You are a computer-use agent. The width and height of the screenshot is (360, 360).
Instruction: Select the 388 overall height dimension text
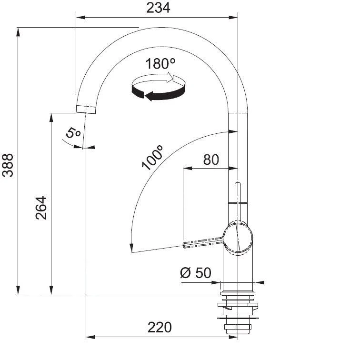pyautogui.click(x=9, y=165)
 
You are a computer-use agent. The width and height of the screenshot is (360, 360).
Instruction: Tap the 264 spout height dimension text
pyautogui.click(x=41, y=207)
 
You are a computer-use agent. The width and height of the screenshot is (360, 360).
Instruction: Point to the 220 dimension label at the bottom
pyautogui.click(x=159, y=327)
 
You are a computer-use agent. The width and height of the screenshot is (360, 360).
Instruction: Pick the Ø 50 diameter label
pyautogui.click(x=195, y=273)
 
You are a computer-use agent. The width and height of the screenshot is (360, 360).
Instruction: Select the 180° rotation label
pyautogui.click(x=161, y=64)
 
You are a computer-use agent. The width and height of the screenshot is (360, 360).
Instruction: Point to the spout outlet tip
pyautogui.click(x=86, y=109)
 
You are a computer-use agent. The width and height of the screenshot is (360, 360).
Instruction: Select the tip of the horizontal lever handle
pyautogui.click(x=185, y=245)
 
